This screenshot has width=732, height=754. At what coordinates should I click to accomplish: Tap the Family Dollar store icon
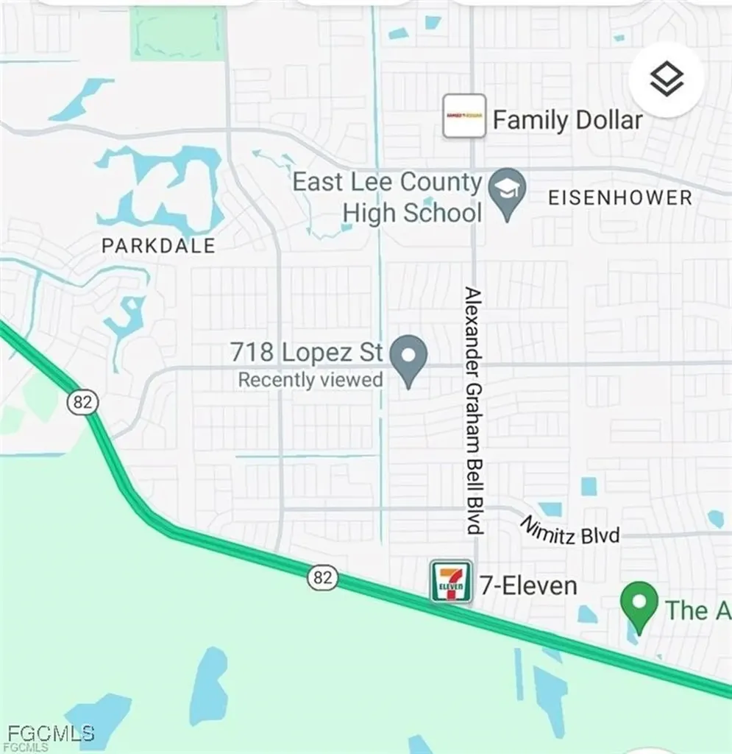[464, 116]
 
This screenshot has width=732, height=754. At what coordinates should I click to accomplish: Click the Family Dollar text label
[567, 120]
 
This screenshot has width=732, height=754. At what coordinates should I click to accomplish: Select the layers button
[667, 80]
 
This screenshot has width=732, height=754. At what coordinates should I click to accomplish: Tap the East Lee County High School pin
[507, 192]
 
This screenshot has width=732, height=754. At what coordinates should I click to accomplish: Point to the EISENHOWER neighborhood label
[620, 198]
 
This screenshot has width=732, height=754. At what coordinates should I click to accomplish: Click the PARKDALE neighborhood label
[158, 246]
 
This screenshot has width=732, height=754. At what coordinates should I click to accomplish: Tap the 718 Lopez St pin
[408, 359]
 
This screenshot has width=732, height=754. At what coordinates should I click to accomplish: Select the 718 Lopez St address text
[306, 352]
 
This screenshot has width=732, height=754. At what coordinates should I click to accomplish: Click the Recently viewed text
[310, 380]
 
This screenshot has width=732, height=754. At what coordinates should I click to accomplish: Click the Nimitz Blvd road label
[570, 530]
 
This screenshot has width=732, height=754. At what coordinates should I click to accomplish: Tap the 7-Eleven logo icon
[450, 582]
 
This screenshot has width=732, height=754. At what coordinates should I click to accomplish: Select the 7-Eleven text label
[528, 586]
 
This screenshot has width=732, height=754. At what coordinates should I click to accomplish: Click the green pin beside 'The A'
[639, 605]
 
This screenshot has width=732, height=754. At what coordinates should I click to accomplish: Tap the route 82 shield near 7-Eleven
[322, 578]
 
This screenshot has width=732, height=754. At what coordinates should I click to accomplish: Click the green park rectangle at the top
[177, 33]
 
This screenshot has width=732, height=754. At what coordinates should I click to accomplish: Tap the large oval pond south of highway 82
[209, 686]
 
